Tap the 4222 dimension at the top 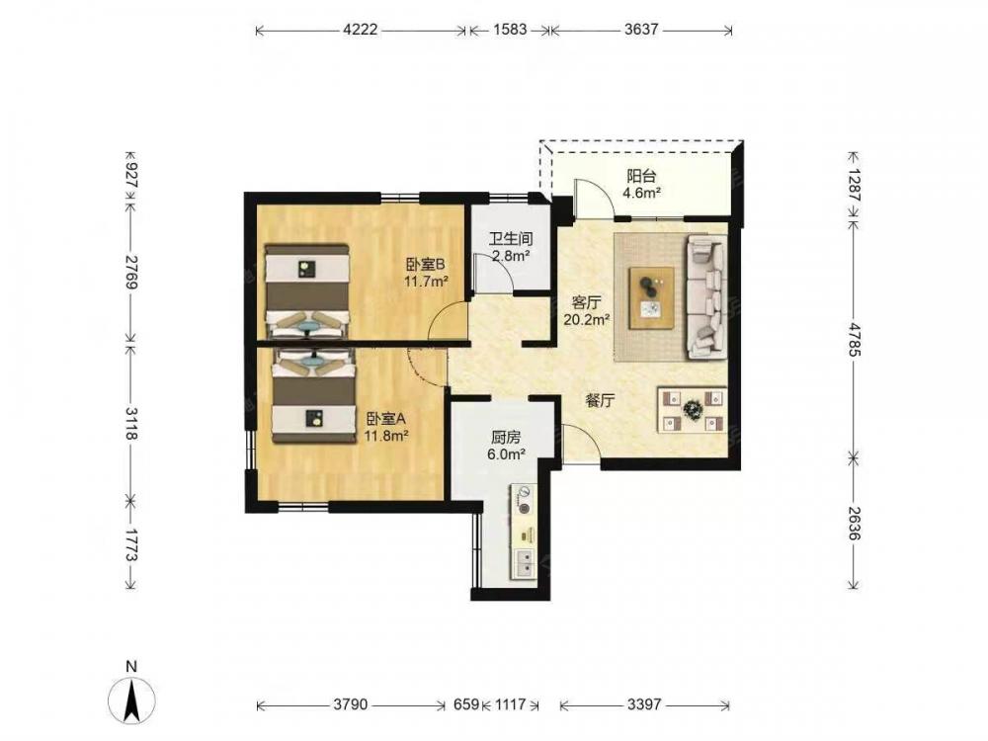[x=361, y=30]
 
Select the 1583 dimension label [x=509, y=30]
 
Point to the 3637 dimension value [x=641, y=30]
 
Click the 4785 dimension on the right [x=854, y=340]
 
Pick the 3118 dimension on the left [x=131, y=424]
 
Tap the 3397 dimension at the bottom [x=644, y=703]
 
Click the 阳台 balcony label [x=641, y=177]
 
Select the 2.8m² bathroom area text [x=510, y=256]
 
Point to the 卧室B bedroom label [x=426, y=265]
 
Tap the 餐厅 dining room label [x=600, y=401]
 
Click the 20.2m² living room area [x=587, y=319]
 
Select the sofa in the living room [x=705, y=297]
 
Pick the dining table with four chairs [x=692, y=411]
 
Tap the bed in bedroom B [x=307, y=292]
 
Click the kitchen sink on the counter [x=525, y=563]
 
